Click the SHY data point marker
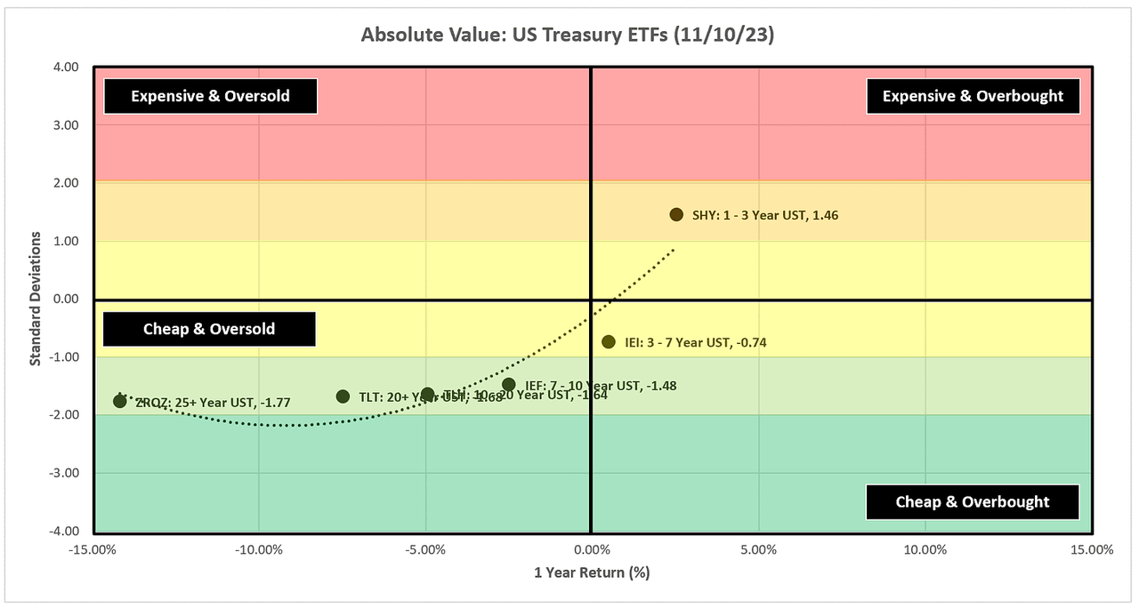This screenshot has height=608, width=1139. [676, 214]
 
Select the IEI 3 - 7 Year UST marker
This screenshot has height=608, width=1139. [609, 341]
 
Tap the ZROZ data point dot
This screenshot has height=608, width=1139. [120, 401]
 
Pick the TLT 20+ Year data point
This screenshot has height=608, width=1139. [343, 396]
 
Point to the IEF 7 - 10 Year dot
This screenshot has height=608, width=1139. [508, 385]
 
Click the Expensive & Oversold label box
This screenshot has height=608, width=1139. [211, 96]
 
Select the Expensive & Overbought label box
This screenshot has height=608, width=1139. [973, 96]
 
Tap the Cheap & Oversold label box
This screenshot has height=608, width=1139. [209, 329]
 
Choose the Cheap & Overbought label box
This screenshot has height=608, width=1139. [973, 501]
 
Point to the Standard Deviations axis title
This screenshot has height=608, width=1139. [36, 299]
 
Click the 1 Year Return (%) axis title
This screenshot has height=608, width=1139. [592, 572]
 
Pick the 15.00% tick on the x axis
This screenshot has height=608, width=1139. [1090, 549]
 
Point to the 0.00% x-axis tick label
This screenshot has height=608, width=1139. [592, 549]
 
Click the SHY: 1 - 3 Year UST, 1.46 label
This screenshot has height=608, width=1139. [765, 215]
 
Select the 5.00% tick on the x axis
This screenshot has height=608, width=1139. [758, 549]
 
